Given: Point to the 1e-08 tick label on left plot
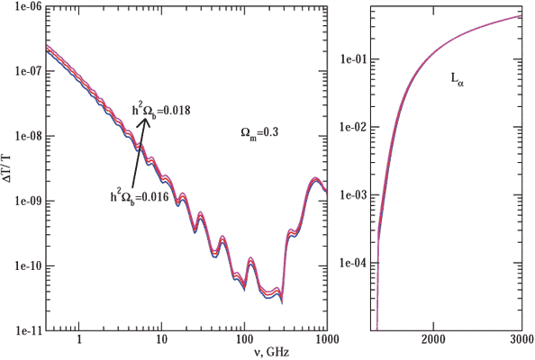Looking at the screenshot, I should (21, 137).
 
